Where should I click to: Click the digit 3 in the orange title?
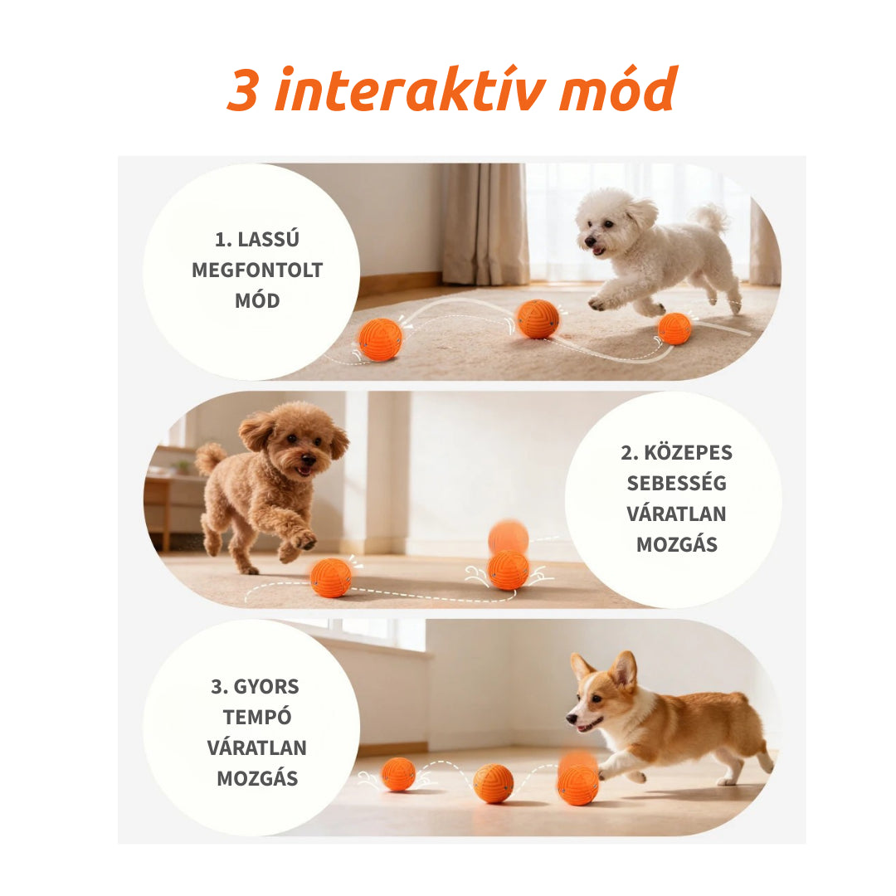point(242,90)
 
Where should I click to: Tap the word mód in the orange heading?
point(617,90)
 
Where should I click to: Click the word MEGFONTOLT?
point(257,270)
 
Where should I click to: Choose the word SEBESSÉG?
point(676,484)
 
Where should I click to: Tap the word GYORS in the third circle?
point(267,687)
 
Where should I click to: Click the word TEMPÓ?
point(256,718)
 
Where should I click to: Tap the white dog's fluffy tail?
point(711,217)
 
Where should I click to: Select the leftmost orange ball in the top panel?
point(380,339)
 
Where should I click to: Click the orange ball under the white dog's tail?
point(674,329)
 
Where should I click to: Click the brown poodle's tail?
point(209,457)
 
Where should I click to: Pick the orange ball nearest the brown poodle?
point(331,578)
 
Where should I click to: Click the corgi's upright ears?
point(606,669)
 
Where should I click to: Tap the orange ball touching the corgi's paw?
point(577,784)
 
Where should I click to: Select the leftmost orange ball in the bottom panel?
point(398,774)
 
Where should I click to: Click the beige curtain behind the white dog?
point(484,224)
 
